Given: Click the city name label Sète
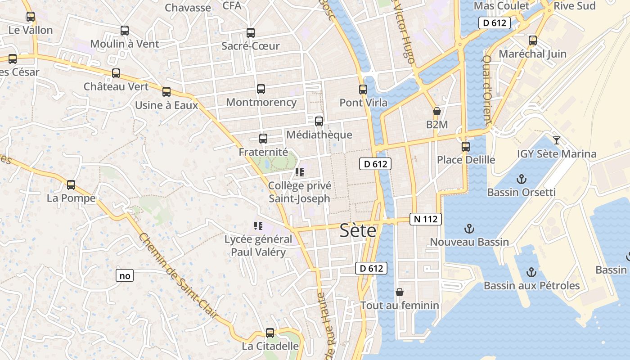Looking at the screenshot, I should pos(358,230).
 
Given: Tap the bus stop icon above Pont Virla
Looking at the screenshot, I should pos(363,90).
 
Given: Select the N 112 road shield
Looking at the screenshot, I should pos(426,219).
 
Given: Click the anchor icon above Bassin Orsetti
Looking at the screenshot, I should pos(521,179).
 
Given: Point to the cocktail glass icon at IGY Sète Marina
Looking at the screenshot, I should pos(557,140).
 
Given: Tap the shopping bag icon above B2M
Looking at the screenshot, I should pos(436,111).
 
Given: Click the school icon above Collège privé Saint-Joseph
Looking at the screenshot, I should pos(300,172).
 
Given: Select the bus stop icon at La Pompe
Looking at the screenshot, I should pos(71,184).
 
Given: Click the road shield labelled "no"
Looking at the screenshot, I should pos(125,275).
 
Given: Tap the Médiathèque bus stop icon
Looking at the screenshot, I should pos(319,121).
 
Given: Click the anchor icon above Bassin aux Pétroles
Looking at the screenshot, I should pos(531,272).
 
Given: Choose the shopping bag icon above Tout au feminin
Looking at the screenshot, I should pos(400,292).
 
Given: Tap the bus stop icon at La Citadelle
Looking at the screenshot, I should pos(270,333).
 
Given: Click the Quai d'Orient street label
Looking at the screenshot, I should pos(486,90).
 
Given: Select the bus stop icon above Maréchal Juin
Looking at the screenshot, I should pos(533,40).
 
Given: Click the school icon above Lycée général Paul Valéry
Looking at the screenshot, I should pos(258,225).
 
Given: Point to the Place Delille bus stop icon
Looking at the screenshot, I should pos(466,147).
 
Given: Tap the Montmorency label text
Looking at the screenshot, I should pos(261,102).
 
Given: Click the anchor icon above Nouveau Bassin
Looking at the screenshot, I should pos(469,229).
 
